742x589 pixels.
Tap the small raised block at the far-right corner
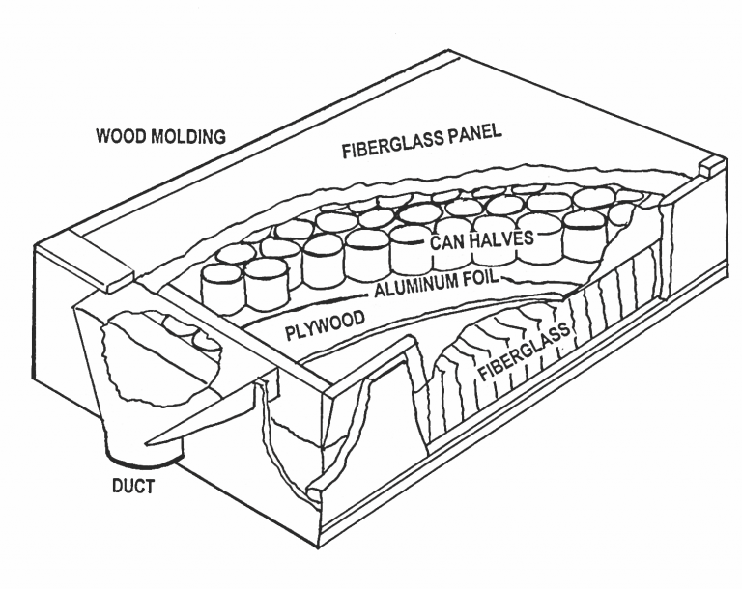point(709,166)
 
